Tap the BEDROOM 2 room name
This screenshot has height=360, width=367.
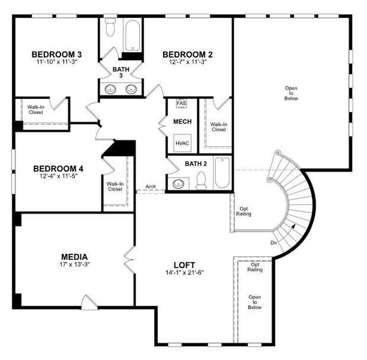(x=188, y=55)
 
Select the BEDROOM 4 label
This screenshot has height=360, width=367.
(x=58, y=169)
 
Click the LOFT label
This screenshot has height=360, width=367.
(x=185, y=264)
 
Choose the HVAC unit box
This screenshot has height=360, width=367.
(x=182, y=143)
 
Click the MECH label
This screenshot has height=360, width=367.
(x=182, y=122)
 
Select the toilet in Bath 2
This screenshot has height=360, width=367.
(x=201, y=180)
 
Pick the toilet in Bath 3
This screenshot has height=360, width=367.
(x=110, y=27)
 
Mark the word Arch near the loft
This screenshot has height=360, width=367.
(x=151, y=187)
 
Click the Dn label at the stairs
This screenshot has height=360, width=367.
(x=274, y=242)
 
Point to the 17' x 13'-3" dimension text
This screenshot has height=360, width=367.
(x=74, y=265)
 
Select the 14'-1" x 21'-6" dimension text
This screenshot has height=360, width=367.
(x=185, y=272)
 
